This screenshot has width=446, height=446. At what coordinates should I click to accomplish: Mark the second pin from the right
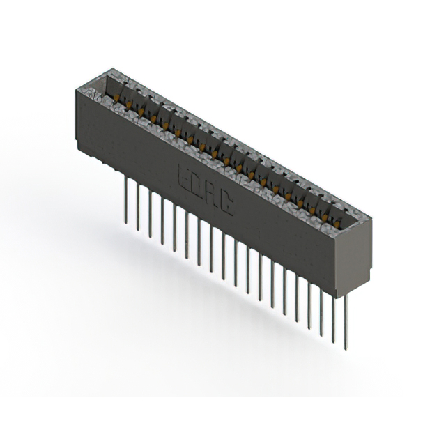point(333,314)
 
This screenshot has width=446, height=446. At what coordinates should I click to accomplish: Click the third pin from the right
point(321,307)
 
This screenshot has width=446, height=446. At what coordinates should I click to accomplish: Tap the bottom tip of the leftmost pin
point(126,222)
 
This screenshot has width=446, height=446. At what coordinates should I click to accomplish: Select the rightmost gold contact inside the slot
point(341,222)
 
